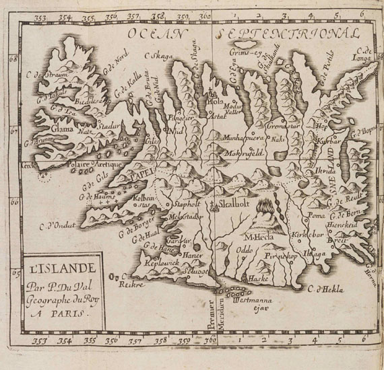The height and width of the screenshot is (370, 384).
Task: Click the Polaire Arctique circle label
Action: (x=75, y=165)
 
